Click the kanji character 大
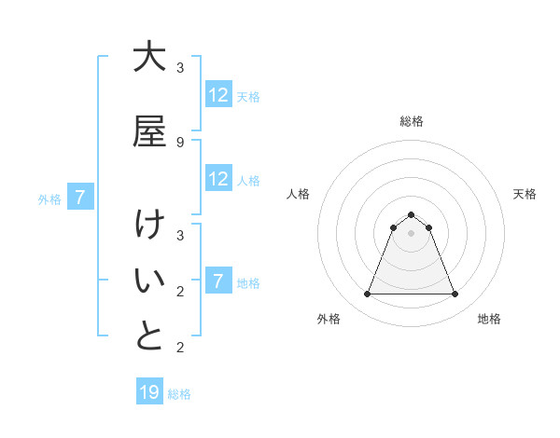tap(148, 58)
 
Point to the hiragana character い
tap(148, 281)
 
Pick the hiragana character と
tap(148, 336)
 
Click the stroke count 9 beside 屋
tap(180, 142)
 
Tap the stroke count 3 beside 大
tap(180, 67)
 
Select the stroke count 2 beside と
tap(180, 347)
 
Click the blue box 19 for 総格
tap(149, 392)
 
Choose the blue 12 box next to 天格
tap(218, 95)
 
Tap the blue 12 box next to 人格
tap(218, 179)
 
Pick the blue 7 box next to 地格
tap(218, 281)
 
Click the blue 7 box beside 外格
tap(80, 198)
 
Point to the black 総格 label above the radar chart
tap(411, 121)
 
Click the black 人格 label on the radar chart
tap(299, 194)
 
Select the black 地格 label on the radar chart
tap(489, 319)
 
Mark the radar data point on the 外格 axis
tap(367, 294)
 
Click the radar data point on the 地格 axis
tap(455, 294)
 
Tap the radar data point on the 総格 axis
tap(411, 214)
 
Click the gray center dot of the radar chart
tap(411, 233)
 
